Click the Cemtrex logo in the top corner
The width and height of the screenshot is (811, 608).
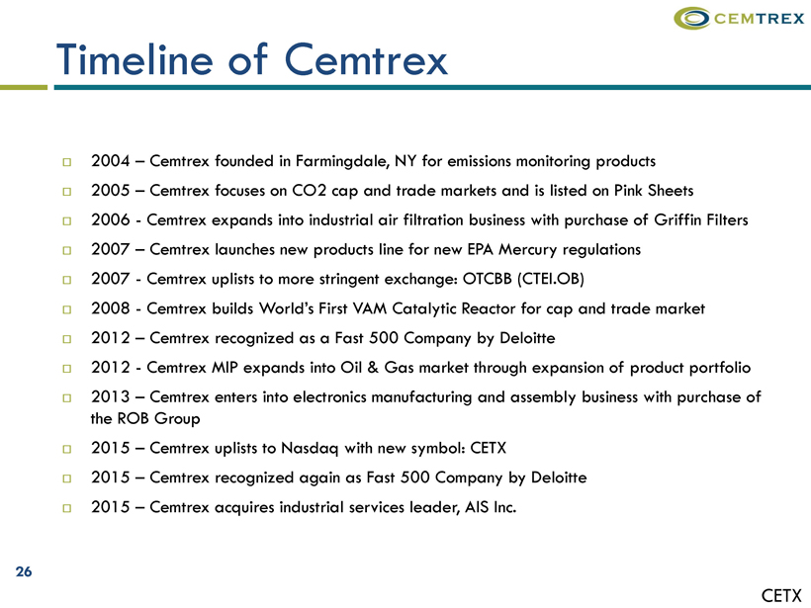tap(739, 18)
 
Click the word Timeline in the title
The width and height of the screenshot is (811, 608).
tap(135, 59)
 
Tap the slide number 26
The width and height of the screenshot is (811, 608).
tap(24, 571)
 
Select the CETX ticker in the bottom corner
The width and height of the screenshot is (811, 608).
tap(781, 595)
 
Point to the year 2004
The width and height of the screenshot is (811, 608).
tap(110, 161)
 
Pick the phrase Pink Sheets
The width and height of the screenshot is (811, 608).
tap(654, 191)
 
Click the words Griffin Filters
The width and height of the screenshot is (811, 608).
tap(701, 220)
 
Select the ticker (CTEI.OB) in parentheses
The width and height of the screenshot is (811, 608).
tap(550, 279)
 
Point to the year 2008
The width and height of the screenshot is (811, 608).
tap(110, 308)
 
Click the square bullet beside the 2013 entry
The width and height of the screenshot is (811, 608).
tap(66, 398)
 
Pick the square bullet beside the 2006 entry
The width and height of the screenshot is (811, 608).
tap(66, 221)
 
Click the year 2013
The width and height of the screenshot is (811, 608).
tap(110, 397)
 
